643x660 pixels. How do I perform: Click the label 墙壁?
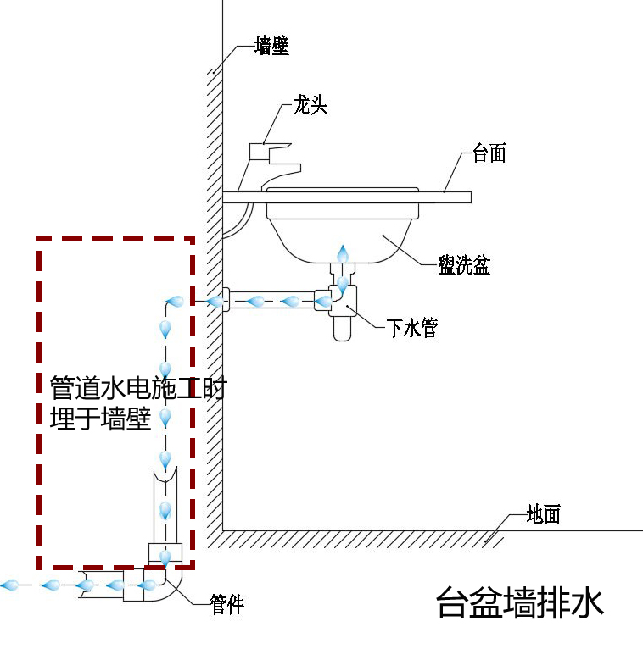(x=271, y=47)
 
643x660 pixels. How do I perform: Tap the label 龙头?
(x=310, y=106)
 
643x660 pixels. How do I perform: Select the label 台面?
(x=489, y=153)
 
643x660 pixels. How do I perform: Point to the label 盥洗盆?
(x=464, y=265)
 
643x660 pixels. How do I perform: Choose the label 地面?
(x=543, y=513)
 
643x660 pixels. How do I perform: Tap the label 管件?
(x=226, y=605)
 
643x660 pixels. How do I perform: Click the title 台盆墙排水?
(x=519, y=604)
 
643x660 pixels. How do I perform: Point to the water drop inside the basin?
(x=343, y=253)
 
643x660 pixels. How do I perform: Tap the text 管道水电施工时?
(x=138, y=389)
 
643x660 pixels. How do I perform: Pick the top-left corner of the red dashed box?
(x=39, y=240)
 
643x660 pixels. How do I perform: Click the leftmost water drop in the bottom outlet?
(x=10, y=585)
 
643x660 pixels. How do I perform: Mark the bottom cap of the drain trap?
(x=341, y=330)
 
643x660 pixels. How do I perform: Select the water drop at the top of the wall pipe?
(x=175, y=302)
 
